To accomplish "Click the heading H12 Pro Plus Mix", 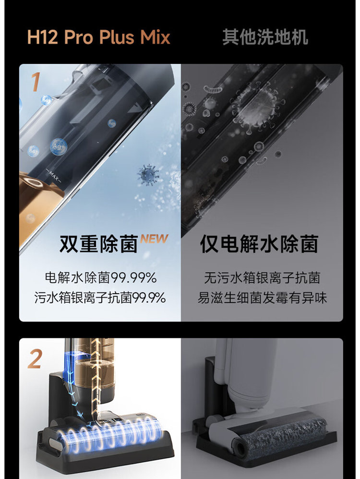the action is tap(99, 37).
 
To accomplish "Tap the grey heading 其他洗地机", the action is tap(265, 37).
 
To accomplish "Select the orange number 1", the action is tap(36, 82).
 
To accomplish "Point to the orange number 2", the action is tap(35, 359).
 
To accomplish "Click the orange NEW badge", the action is tap(155, 239).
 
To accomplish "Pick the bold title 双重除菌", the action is tap(99, 244).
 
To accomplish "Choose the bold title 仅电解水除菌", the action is tap(260, 244).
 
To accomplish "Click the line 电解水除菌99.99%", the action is tap(100, 278).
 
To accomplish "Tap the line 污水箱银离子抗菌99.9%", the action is tap(100, 298).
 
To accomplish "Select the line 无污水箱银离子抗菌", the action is tap(262, 278).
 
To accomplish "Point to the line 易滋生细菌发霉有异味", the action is tap(262, 298).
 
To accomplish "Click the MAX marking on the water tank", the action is tap(54, 176).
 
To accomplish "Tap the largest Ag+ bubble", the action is tap(59, 146).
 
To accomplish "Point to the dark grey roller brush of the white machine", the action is tap(280, 432).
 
